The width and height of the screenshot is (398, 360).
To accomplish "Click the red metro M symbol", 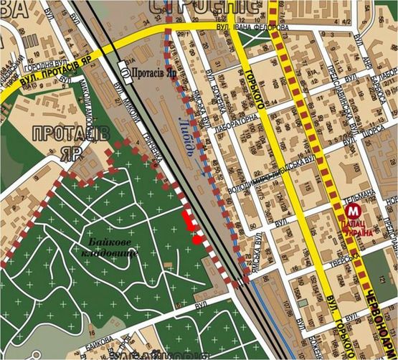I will coord(352,212).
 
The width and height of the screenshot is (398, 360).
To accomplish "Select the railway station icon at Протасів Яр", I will coord(126,73).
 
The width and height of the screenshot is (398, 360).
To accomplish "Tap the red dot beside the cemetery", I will coord(196,240).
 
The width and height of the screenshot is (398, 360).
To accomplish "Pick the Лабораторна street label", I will coord(252,120).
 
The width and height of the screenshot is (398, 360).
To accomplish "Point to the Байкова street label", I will coord(100,338).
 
